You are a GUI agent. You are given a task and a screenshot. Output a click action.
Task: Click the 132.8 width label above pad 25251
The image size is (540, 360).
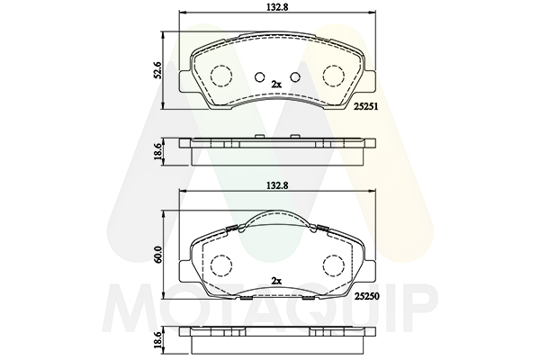[278, 7]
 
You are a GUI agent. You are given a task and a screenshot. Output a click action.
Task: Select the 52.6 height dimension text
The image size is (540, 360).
[157, 70]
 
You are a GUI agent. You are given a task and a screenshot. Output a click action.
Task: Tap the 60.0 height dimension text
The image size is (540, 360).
[158, 255]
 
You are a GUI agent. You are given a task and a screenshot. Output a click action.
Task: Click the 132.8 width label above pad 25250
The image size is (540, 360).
[277, 185]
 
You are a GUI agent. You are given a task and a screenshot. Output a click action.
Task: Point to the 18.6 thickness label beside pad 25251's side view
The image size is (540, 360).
[157, 151]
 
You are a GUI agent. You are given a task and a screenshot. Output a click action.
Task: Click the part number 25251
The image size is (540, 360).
[367, 107]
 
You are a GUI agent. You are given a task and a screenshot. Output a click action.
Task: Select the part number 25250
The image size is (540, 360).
[367, 296]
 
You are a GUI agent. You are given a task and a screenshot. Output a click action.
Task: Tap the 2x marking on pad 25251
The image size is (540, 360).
[276, 84]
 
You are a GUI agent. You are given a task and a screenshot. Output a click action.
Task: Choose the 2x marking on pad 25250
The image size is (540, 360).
[276, 281]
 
